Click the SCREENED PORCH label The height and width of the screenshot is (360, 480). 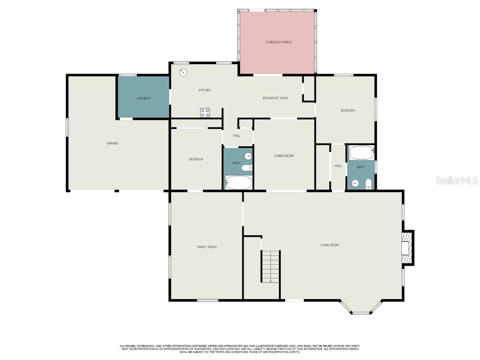[278, 42]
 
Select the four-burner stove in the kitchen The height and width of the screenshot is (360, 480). [205, 112]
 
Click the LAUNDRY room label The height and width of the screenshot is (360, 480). [143, 98]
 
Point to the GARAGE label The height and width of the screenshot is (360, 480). [112, 143]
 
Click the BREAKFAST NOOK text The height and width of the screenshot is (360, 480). [275, 98]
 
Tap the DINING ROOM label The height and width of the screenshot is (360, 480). [284, 156]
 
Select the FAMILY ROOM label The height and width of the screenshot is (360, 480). [206, 247]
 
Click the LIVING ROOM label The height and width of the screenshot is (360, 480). [329, 245]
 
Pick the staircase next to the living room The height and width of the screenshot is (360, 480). [270, 266]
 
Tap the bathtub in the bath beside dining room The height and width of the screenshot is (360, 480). [239, 182]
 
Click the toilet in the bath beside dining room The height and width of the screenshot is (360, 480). [247, 167]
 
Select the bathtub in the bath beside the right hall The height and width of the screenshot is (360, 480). [361, 152]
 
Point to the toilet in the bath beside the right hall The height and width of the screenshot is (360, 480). [368, 183]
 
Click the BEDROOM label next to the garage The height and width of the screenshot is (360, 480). [196, 159]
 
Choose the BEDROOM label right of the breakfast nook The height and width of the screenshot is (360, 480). [347, 111]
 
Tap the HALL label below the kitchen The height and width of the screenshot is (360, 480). [237, 135]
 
